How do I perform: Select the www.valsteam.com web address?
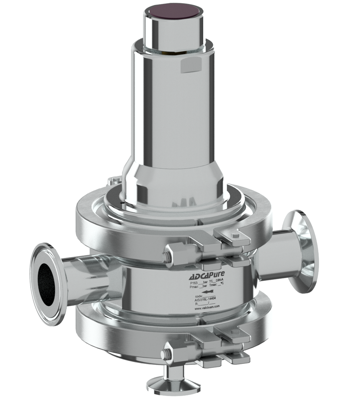tap(207, 309)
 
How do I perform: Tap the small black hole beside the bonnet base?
tap(122, 202)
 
